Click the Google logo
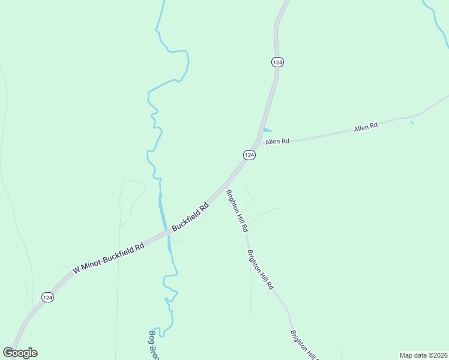tap(20, 353)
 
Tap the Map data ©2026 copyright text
tap(423, 355)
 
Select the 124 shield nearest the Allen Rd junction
tap(250, 155)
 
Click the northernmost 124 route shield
tap(277, 62)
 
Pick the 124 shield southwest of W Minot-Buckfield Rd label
tap(48, 297)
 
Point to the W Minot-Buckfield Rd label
tap(109, 259)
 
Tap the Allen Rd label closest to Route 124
tap(278, 142)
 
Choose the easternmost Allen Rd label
tap(366, 127)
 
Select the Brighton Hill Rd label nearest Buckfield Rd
tap(237, 211)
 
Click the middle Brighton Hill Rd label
tap(261, 270)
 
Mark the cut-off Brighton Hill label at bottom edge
tap(304, 344)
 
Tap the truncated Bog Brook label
tap(153, 346)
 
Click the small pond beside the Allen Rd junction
tap(267, 130)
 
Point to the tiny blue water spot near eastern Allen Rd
tap(412, 123)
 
